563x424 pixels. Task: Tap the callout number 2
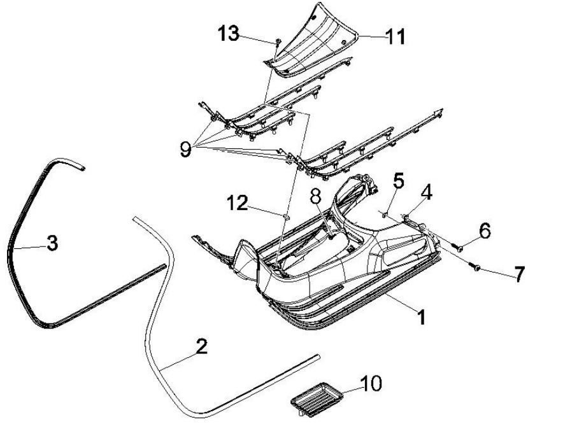[201, 347]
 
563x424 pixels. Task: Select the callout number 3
[53, 242]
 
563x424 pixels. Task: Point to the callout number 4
[426, 192]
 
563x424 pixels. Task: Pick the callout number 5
[398, 181]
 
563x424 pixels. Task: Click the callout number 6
[485, 231]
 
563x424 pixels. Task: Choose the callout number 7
[519, 274]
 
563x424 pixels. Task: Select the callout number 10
[371, 383]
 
